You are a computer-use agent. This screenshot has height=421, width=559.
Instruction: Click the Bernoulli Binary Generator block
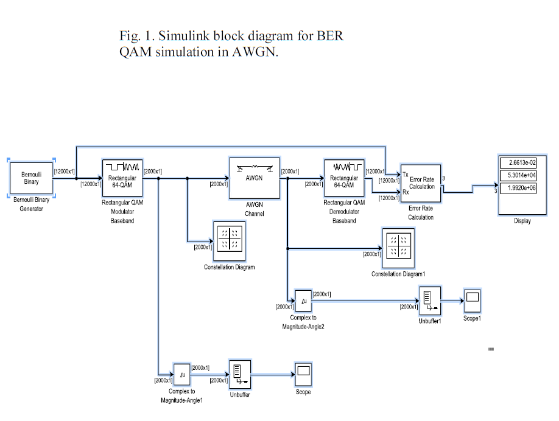tap(31, 177)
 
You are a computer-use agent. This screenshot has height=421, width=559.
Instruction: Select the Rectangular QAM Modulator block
tap(122, 177)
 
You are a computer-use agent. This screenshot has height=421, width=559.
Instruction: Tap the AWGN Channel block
tap(254, 178)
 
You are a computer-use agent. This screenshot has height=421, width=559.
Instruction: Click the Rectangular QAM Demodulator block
tap(344, 177)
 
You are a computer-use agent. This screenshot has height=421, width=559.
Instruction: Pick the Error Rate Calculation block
tap(421, 183)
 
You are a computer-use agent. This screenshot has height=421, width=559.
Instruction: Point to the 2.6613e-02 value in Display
tap(518, 163)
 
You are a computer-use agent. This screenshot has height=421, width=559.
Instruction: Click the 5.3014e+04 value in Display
tap(518, 175)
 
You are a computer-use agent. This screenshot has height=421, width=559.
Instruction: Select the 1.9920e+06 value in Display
tap(518, 187)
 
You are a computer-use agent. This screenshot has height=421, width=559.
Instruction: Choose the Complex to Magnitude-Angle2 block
tap(303, 301)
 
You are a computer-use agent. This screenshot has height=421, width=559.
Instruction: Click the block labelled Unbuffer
tap(239, 374)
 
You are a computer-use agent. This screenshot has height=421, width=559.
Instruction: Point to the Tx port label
tap(406, 175)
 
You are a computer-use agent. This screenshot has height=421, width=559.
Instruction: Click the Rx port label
tap(406, 193)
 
